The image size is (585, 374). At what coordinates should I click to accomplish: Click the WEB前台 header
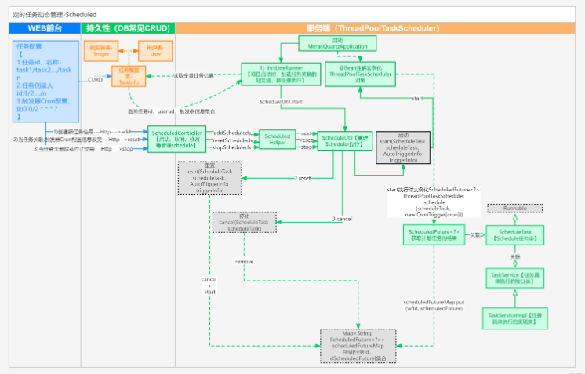tap(45, 27)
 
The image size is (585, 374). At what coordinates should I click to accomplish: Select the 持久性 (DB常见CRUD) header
tap(128, 27)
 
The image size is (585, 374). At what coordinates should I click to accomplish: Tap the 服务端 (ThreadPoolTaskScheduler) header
tap(378, 27)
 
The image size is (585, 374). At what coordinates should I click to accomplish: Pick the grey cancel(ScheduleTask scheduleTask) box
tap(246, 223)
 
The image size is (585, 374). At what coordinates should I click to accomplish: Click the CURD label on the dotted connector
tap(95, 80)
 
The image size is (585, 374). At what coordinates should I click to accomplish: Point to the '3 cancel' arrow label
tap(341, 219)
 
